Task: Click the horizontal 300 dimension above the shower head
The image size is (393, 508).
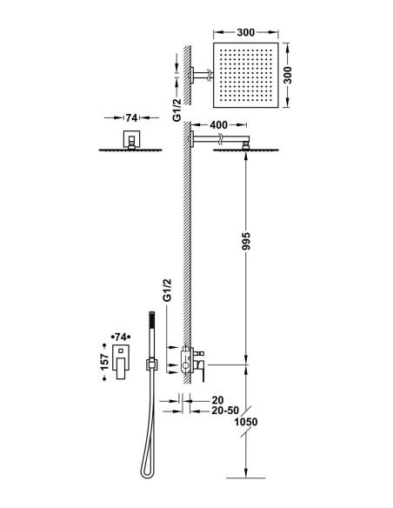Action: tap(246, 32)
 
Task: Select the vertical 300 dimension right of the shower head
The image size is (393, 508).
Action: tap(287, 75)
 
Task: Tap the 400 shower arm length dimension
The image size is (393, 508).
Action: tap(218, 124)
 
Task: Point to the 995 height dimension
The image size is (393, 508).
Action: tap(246, 241)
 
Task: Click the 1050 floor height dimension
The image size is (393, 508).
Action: tap(246, 422)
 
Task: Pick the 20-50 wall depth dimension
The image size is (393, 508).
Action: tap(225, 411)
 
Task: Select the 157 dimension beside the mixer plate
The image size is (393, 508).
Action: tap(104, 362)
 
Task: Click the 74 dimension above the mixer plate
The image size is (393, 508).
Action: tap(121, 338)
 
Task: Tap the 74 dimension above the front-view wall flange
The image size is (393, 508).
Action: tap(131, 118)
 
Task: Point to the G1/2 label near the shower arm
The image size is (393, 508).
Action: tap(177, 110)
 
